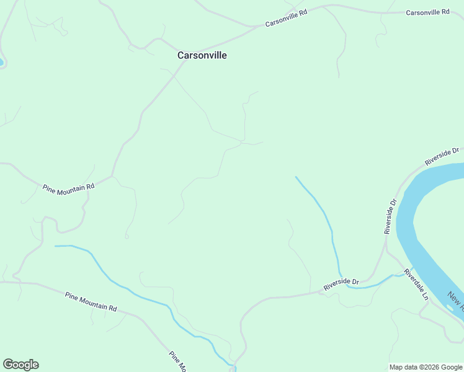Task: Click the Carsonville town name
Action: point(202,55)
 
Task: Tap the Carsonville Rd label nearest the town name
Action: point(286,18)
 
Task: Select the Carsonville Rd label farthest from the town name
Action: point(427,12)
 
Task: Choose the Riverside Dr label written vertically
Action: point(390,216)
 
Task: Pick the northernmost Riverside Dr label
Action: point(442,156)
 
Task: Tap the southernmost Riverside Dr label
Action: point(341,286)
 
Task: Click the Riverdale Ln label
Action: point(416,285)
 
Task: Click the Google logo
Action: point(20,365)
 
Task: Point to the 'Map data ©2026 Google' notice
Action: point(426,367)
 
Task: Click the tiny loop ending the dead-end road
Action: point(127,236)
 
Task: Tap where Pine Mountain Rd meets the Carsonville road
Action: point(112,176)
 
